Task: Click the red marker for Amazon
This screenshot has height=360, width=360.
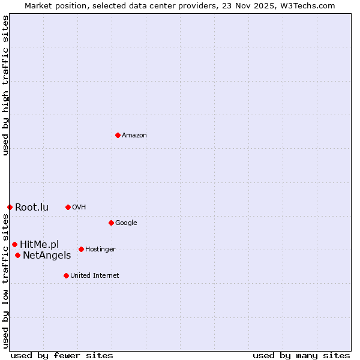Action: click(118, 135)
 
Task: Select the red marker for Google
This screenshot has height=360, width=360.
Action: click(111, 223)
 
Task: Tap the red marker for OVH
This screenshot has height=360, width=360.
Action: click(68, 207)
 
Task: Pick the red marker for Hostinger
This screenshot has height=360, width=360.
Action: click(81, 249)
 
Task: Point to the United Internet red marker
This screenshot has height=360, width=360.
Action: click(66, 275)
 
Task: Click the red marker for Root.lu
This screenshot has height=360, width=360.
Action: click(10, 207)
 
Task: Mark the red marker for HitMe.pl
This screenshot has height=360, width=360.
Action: click(14, 244)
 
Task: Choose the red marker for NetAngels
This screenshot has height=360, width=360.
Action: click(17, 255)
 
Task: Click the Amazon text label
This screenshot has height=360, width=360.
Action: click(134, 135)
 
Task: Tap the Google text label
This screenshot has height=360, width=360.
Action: click(126, 223)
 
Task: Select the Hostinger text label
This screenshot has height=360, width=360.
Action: click(100, 249)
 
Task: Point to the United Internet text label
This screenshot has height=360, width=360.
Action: click(95, 275)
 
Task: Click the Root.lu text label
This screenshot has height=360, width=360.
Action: click(32, 207)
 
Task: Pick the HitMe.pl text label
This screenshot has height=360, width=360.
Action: click(40, 244)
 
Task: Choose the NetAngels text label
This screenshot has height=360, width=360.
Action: click(47, 255)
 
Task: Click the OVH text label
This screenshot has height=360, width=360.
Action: click(79, 207)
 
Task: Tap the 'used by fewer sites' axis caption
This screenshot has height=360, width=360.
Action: click(62, 355)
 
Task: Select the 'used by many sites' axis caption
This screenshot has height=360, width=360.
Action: click(301, 355)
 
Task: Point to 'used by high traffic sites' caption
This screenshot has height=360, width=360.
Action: click(5, 85)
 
